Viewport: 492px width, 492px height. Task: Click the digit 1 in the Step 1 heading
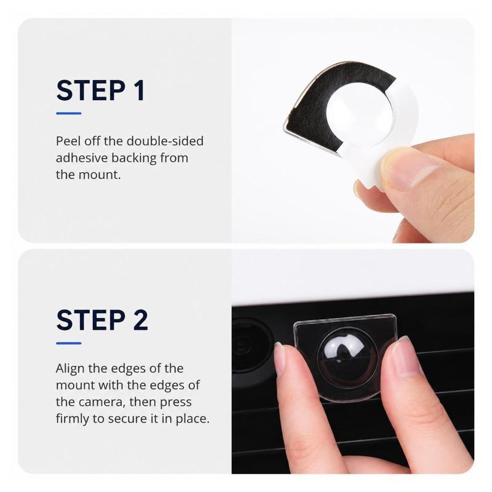pos(140,90)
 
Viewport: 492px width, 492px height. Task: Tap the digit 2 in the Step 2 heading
pos(140,320)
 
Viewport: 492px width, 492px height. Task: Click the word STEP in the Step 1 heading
pos(91,90)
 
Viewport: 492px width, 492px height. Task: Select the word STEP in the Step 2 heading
pos(91,320)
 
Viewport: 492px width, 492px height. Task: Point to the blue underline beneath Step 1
pos(69,113)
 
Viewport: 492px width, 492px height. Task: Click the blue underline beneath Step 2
pos(69,343)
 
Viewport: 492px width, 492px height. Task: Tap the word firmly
pos(72,419)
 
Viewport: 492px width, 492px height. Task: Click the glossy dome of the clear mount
pos(347,358)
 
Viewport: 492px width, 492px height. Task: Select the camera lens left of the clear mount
pos(251,345)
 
